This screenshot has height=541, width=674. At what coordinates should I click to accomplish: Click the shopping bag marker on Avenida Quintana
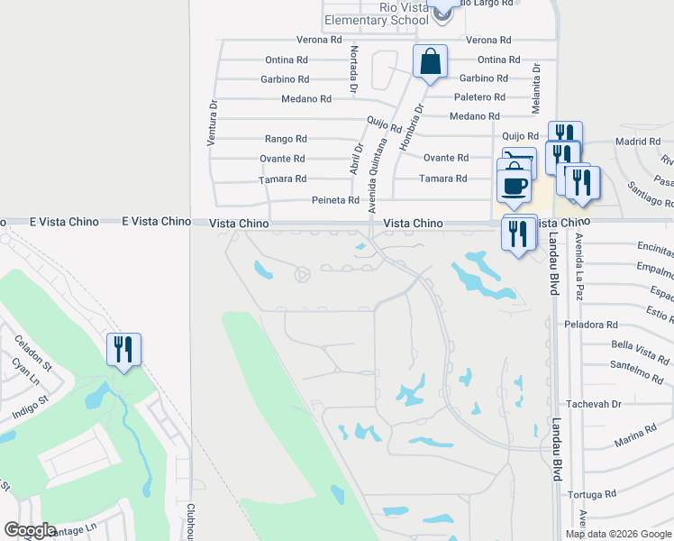430,63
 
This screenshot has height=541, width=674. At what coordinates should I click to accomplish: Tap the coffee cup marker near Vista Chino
514,186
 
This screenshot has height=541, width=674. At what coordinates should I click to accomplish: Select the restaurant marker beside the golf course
123,349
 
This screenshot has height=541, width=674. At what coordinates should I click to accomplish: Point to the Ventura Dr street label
213,123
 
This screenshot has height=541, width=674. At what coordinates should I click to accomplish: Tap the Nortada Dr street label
354,69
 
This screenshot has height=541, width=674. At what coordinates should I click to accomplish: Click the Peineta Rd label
335,200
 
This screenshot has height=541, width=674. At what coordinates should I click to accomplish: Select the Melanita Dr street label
536,86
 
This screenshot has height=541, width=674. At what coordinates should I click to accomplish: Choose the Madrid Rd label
637,142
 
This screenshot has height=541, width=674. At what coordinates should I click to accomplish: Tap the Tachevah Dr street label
591,404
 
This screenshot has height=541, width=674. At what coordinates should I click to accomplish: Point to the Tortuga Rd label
591,494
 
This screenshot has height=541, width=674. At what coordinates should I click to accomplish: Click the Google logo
29,530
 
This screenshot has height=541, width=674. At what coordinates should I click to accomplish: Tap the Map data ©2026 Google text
617,534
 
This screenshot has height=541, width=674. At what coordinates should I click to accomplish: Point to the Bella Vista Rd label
636,345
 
